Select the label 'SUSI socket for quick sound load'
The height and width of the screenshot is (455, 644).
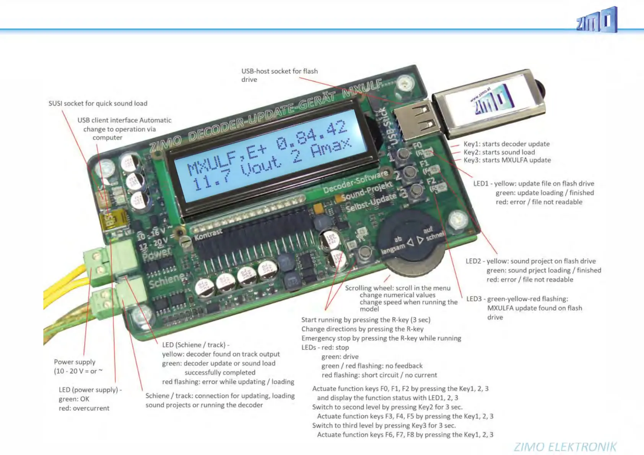click(98, 104)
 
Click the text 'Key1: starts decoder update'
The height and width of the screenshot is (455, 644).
click(506, 144)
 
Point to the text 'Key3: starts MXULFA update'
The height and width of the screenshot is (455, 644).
click(507, 160)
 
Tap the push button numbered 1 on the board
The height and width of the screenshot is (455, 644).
click(403, 154)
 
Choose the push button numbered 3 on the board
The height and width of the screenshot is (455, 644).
click(416, 190)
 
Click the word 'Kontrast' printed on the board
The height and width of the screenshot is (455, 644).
click(208, 235)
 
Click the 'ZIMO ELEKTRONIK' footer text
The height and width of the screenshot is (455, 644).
click(565, 447)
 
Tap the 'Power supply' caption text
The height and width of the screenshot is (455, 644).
click(75, 362)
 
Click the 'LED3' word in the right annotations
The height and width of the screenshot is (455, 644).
click(474, 299)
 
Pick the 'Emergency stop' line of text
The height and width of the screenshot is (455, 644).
click(381, 338)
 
